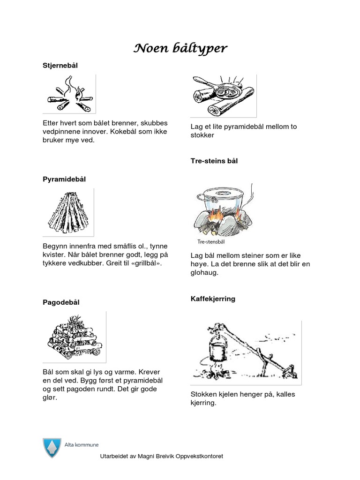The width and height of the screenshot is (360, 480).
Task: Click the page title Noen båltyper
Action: pyautogui.click(x=181, y=48)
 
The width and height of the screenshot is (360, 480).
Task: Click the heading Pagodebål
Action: pyautogui.click(x=61, y=302)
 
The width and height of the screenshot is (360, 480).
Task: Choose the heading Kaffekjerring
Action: pyautogui.click(x=213, y=299)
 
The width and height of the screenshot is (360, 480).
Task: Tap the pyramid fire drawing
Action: pyautogui.click(x=68, y=211)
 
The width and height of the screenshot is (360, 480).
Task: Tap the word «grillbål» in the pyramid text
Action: pyautogui.click(x=145, y=263)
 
